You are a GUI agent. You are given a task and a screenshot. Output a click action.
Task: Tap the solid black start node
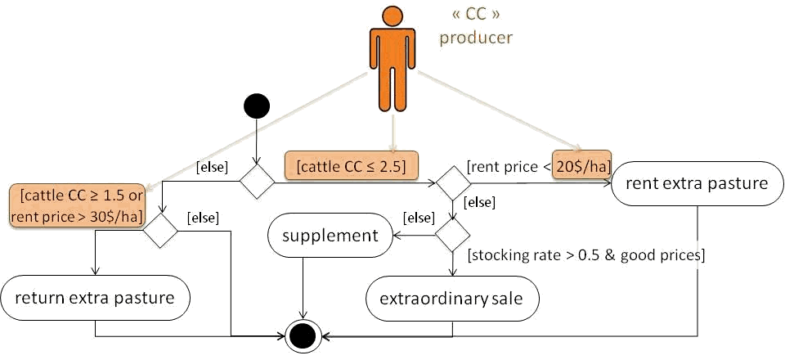click(257, 106)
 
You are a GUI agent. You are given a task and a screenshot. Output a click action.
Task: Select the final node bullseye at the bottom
click(304, 335)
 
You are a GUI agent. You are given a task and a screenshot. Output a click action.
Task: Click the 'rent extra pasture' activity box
click(696, 182)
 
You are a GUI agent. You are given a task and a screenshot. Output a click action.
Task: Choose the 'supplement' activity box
click(330, 236)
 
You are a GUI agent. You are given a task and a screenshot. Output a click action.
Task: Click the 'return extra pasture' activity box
click(96, 297)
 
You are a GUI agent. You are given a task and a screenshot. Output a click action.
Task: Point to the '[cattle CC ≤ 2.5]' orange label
click(351, 166)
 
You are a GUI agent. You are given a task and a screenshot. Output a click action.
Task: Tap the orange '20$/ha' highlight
click(582, 164)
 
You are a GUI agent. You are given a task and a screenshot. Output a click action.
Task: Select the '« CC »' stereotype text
click(476, 16)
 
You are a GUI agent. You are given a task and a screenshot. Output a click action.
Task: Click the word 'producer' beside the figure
click(476, 38)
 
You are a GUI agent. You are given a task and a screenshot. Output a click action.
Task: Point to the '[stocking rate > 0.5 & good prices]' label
click(585, 255)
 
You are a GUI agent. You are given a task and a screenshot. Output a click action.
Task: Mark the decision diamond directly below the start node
click(256, 182)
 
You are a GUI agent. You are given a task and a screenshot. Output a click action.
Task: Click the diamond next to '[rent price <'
click(452, 182)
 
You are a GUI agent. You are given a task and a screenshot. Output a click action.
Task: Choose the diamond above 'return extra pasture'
click(161, 232)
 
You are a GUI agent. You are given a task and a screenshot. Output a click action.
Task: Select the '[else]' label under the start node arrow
click(211, 167)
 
